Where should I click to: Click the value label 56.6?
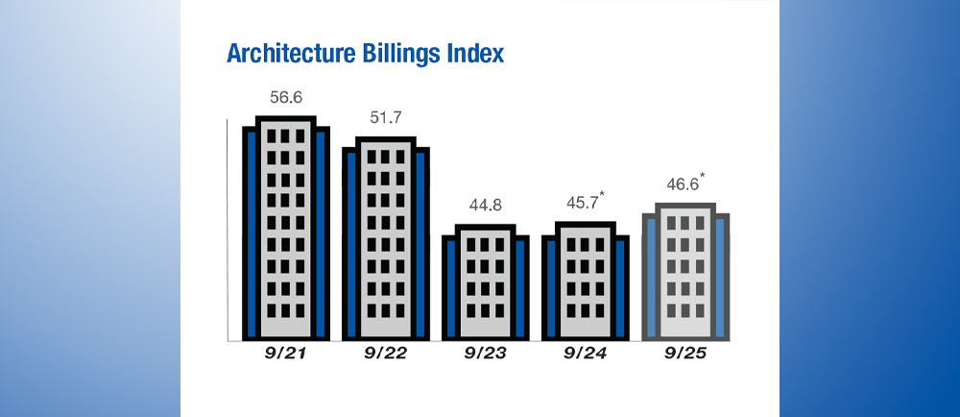click(286, 98)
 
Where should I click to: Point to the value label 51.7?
click(385, 117)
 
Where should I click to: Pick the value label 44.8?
click(485, 205)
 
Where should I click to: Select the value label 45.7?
click(582, 203)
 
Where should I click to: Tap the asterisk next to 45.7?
click(602, 195)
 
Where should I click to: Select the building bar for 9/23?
click(486, 282)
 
